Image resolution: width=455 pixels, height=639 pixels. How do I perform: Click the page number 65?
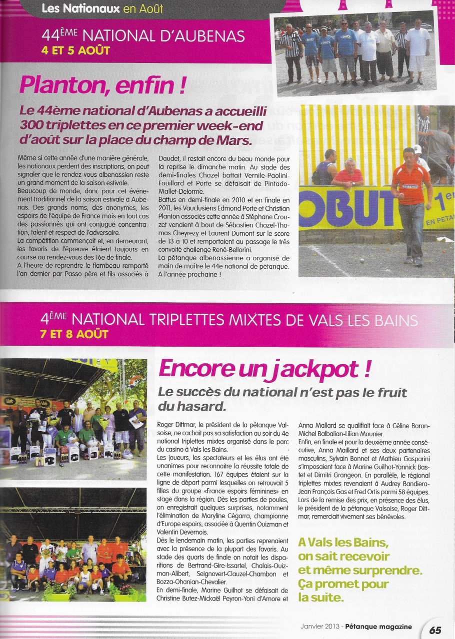click(435, 630)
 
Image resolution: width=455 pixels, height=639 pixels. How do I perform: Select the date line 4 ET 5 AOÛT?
click(75, 51)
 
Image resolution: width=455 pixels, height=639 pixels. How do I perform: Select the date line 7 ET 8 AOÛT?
click(74, 334)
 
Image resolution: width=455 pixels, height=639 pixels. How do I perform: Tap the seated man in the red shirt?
click(348, 174)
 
